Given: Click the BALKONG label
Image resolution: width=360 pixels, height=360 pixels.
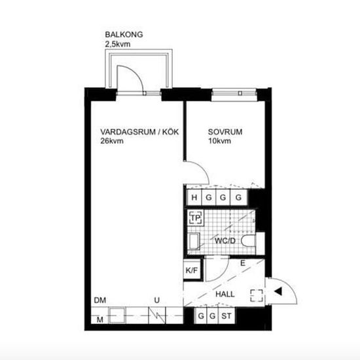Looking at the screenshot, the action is (124, 35).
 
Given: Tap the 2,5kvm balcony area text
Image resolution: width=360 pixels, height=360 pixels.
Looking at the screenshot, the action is (118, 44).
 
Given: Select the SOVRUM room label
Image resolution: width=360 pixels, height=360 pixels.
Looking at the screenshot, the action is (225, 132).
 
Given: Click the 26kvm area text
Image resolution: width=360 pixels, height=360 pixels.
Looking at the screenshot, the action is (112, 141).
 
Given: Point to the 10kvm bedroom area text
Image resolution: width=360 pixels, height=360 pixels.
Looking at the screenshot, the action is (219, 141).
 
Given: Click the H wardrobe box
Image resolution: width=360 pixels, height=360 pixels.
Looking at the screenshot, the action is (194, 198).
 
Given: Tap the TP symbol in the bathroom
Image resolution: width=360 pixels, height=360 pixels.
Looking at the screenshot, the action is (196, 218).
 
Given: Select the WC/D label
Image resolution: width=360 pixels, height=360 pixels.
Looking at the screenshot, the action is (225, 241).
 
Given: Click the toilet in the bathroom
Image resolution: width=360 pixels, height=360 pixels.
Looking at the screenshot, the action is (249, 241).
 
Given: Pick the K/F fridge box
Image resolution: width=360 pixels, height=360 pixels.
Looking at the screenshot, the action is (192, 270).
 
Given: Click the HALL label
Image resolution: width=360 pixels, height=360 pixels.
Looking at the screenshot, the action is (225, 294).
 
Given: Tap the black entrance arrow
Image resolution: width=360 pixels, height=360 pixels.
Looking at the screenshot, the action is (278, 291).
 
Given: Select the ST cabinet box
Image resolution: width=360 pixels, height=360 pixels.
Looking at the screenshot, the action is (226, 316).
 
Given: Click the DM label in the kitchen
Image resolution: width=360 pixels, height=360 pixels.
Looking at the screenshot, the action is (100, 300).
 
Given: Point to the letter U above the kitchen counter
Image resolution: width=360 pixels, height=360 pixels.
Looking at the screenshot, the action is (157, 300).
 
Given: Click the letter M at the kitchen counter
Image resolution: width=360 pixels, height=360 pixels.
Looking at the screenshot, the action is (100, 319).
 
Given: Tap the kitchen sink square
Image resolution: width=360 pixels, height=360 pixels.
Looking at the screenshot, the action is (117, 315).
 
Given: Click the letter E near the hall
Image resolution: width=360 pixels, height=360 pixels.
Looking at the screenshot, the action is (243, 263).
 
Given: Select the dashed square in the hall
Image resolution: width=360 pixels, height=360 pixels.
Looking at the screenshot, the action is (257, 295).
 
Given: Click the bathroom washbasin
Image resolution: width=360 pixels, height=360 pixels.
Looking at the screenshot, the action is (194, 242).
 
